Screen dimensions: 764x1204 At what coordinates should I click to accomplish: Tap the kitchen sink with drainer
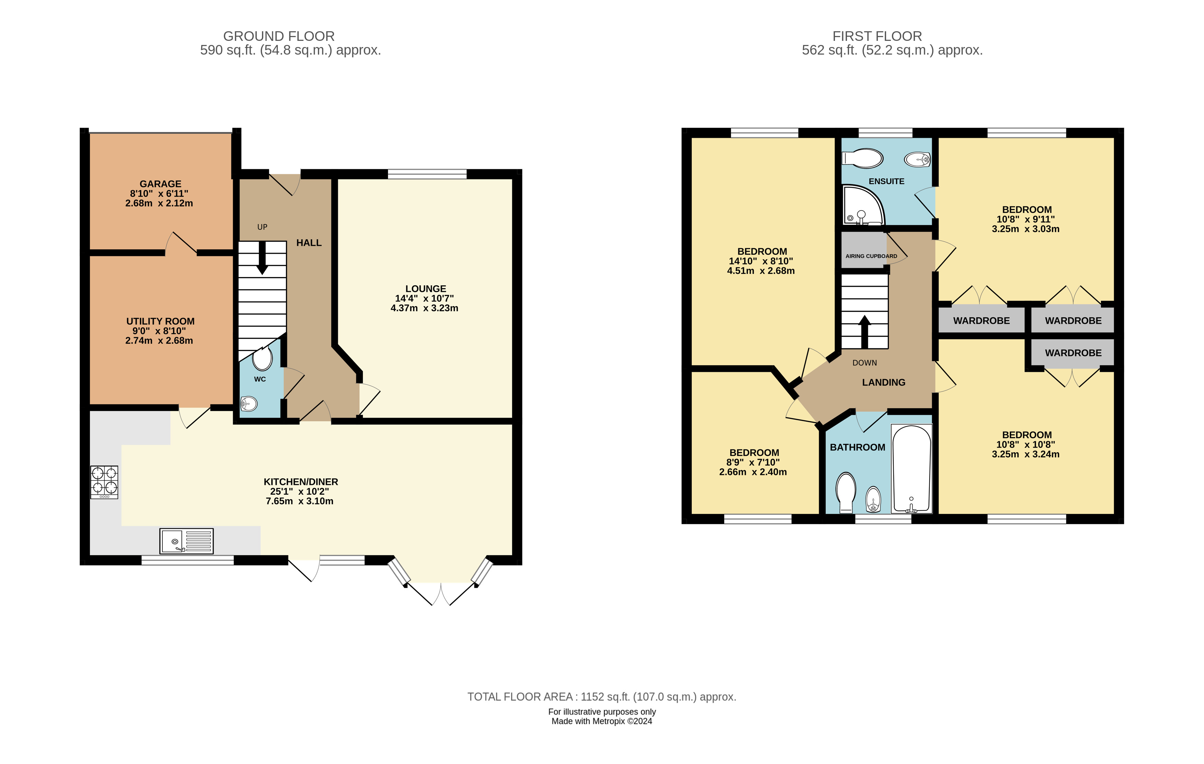(x=186, y=541)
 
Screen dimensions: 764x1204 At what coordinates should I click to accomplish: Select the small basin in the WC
(x=249, y=403)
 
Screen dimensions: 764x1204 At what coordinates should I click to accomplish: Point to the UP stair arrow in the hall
(x=262, y=258)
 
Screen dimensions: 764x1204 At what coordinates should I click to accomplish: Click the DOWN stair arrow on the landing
(x=864, y=331)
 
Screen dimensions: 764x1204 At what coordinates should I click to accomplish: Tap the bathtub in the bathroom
(x=911, y=468)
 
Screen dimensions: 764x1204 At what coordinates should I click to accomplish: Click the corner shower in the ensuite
(x=861, y=206)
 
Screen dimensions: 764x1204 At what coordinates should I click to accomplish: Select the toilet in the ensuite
(x=863, y=159)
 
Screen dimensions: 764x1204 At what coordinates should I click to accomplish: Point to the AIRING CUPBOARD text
(x=871, y=256)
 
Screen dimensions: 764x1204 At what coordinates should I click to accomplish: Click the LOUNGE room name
(x=425, y=288)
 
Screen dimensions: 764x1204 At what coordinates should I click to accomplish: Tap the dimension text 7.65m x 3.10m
(x=299, y=501)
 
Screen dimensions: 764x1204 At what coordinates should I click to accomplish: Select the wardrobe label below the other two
(x=1073, y=353)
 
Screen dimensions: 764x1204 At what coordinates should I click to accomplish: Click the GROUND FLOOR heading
(x=278, y=36)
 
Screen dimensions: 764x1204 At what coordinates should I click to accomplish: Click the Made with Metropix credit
(x=601, y=721)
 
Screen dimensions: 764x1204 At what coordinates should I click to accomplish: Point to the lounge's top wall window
(x=427, y=174)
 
